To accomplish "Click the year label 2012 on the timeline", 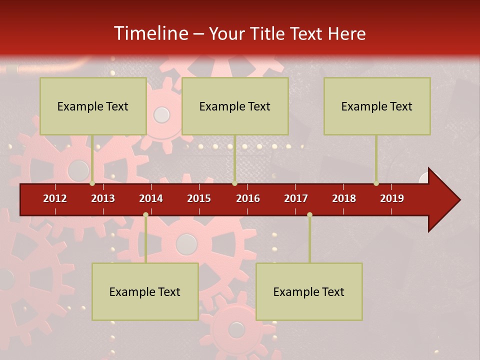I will click(55, 198).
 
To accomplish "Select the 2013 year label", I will click(103, 198).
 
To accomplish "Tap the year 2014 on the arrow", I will click(151, 198).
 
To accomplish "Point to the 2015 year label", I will click(199, 198).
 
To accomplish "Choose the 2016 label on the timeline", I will click(248, 198).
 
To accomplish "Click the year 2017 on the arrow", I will click(296, 198).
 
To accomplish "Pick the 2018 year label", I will click(344, 198).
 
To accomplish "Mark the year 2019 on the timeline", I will click(392, 198).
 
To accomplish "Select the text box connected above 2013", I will click(93, 106).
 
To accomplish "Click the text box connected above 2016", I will click(235, 106).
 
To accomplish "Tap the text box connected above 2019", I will click(377, 106).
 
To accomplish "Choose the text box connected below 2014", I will click(145, 291).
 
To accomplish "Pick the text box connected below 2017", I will click(309, 291).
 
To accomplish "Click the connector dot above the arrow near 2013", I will click(92, 183).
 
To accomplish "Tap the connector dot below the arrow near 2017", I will click(309, 215).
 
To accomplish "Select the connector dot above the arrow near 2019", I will click(376, 183).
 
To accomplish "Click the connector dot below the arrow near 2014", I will click(145, 215).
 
